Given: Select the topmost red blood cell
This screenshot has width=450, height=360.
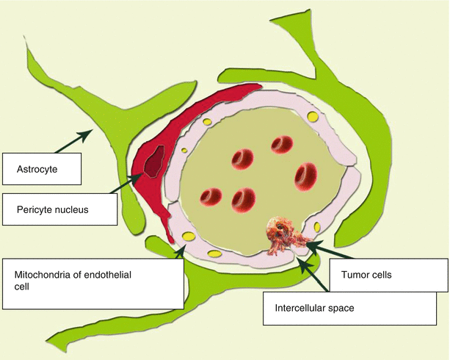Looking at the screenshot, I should pos(281,144).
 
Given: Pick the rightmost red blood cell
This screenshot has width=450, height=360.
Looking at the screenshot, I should pos(305,176).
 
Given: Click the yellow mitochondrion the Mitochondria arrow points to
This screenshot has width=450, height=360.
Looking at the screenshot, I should pos(189,237).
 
